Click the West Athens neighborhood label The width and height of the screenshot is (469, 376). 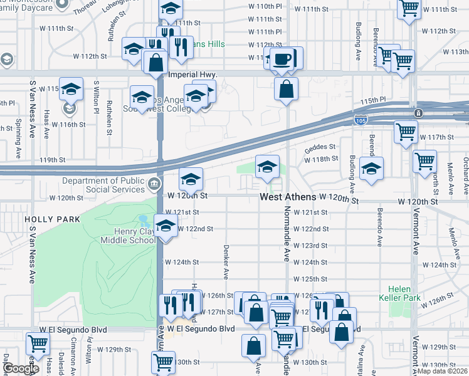pyautogui.click(x=288, y=197)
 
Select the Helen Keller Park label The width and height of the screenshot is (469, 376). pyautogui.click(x=396, y=293)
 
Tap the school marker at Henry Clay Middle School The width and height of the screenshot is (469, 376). pyautogui.click(x=165, y=227)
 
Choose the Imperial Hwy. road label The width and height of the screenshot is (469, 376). pyautogui.click(x=193, y=75)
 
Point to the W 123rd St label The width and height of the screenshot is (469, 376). pyautogui.click(x=310, y=246)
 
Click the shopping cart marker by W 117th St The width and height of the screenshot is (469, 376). pyautogui.click(x=406, y=132)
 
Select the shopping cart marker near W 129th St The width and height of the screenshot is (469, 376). pyautogui.click(x=38, y=344)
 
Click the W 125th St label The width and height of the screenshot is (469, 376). pyautogui.click(x=310, y=279)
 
